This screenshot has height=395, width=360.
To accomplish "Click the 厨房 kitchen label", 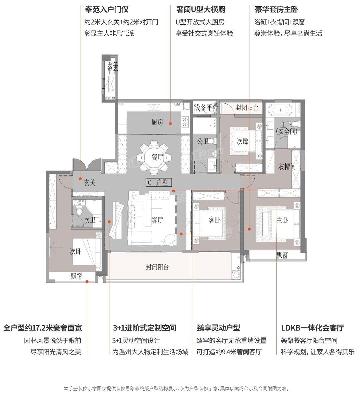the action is [157, 122].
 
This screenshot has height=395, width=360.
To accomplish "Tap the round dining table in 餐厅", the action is [153, 158].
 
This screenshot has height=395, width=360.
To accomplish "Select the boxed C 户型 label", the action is [159, 182].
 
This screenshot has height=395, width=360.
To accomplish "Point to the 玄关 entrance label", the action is [90, 183].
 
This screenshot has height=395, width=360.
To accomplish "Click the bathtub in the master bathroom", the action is [281, 110].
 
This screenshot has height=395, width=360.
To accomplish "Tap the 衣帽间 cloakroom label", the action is [287, 167].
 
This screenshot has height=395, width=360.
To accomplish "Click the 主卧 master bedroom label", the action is [282, 220].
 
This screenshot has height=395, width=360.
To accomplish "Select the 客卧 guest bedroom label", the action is [215, 220].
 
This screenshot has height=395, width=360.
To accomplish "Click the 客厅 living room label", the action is [157, 220].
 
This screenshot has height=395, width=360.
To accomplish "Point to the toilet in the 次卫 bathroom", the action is [79, 210].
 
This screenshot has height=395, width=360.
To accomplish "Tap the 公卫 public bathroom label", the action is [203, 141].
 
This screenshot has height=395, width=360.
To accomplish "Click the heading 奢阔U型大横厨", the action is [201, 10].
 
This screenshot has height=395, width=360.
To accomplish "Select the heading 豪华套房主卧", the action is [277, 10].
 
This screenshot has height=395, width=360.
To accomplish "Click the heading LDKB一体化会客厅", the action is [313, 328].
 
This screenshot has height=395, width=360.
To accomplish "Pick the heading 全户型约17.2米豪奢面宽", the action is [43, 328].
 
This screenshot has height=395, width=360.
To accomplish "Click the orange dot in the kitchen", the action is [170, 124].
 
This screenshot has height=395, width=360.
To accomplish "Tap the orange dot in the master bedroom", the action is [249, 229].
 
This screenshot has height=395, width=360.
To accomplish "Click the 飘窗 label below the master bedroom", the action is [282, 255].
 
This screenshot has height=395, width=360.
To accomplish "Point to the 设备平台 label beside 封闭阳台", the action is [206, 108].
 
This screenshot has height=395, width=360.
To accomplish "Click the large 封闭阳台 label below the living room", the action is [158, 267].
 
